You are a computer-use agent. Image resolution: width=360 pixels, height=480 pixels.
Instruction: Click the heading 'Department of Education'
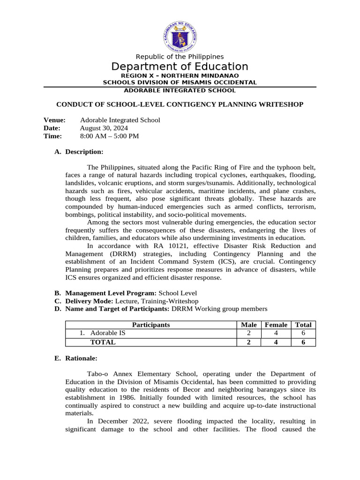coord(180,67)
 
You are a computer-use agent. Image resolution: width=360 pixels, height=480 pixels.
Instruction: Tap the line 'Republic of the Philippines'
coord(180,57)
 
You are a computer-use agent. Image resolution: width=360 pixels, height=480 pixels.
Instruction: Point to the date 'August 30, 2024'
coord(104,128)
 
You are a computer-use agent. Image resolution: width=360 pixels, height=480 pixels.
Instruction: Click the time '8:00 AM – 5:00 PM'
coord(109,136)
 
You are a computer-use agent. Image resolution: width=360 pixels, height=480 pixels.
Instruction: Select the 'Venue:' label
coord(54,120)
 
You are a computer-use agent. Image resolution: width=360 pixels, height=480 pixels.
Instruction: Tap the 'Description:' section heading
coord(84,152)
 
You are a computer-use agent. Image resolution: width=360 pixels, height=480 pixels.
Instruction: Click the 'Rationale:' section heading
coord(81,358)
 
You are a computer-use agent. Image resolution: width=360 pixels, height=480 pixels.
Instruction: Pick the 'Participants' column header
coord(150,325)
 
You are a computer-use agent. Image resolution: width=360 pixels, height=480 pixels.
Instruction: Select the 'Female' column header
coord(276,325)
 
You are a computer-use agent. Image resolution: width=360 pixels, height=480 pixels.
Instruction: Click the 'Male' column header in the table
coord(248,325)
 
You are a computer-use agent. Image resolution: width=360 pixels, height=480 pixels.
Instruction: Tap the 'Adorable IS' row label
coord(108,333)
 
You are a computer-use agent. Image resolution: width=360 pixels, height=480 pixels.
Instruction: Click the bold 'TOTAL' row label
coord(103,342)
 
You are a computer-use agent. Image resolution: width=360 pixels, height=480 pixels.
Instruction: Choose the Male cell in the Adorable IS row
coord(248,333)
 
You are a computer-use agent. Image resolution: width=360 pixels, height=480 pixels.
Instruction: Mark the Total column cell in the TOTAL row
coord(303,342)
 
